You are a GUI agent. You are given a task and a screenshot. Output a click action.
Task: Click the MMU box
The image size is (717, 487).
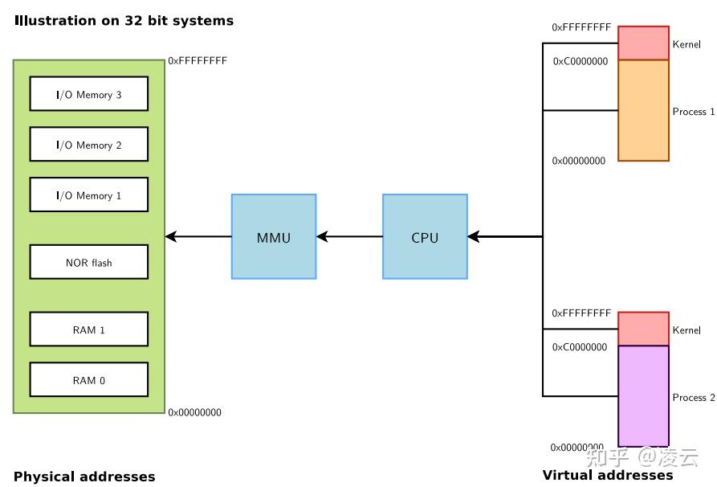pyautogui.click(x=273, y=237)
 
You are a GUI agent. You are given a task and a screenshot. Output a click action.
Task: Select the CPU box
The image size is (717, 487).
pyautogui.click(x=425, y=237)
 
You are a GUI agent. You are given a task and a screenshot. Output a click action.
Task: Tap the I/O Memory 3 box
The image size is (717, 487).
pyautogui.click(x=89, y=94)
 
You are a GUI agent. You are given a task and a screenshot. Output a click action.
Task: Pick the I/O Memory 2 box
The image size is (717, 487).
pyautogui.click(x=89, y=145)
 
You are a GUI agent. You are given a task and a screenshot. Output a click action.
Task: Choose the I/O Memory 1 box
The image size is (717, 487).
pyautogui.click(x=89, y=195)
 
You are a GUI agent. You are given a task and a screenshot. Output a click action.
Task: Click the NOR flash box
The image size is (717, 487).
pyautogui.click(x=89, y=262)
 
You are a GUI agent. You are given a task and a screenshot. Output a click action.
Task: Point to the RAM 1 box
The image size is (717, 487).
pyautogui.click(x=89, y=329)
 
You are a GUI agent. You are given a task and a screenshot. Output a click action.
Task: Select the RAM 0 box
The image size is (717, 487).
pyautogui.click(x=89, y=380)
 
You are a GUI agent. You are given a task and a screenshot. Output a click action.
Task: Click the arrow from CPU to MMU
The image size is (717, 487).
pyautogui.click(x=349, y=237)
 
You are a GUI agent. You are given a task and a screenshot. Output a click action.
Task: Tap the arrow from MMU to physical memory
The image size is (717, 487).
pyautogui.click(x=198, y=237)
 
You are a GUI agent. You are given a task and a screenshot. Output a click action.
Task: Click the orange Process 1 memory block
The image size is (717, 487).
pyautogui.click(x=643, y=111)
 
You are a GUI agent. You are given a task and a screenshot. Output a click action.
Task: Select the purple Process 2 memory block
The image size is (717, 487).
pyautogui.click(x=643, y=395)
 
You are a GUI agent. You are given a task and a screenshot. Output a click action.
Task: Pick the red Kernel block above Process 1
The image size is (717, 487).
pyautogui.click(x=643, y=43)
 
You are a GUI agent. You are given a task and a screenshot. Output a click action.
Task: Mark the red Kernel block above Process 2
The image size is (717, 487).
pyautogui.click(x=643, y=329)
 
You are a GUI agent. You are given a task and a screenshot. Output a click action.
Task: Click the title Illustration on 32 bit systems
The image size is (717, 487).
pyautogui.click(x=124, y=21)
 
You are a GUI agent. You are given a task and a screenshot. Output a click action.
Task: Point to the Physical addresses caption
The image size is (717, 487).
pyautogui.click(x=84, y=477)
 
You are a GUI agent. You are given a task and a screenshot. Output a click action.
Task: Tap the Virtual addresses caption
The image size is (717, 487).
pyautogui.click(x=608, y=475)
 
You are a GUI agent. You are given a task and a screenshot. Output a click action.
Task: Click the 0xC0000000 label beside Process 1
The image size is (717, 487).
pyautogui.click(x=581, y=61)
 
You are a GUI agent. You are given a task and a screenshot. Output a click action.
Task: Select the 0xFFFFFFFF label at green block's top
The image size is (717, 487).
pyautogui.click(x=198, y=60)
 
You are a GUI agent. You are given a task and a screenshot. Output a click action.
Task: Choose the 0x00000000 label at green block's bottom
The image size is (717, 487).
pyautogui.click(x=195, y=413)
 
